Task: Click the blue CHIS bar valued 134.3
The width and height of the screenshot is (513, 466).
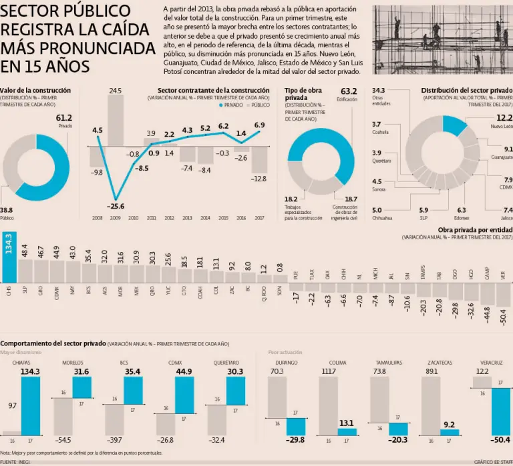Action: [x=9, y=257]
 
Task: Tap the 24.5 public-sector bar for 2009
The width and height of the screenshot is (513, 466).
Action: [x=116, y=120]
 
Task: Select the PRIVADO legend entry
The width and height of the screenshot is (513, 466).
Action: [x=231, y=105]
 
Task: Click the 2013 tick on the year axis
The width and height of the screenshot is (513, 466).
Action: [x=188, y=218]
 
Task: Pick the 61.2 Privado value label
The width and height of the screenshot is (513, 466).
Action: [x=63, y=117]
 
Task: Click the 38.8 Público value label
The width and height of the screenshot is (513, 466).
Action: [x=6, y=210]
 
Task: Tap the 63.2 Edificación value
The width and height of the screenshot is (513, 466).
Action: [x=349, y=91]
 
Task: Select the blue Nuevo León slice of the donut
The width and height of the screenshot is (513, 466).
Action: [x=454, y=125]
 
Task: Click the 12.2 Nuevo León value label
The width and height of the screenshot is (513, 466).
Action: [x=504, y=117]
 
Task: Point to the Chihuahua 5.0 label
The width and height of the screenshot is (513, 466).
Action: [x=377, y=210]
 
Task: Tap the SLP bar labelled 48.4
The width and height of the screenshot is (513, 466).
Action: [x=25, y=270]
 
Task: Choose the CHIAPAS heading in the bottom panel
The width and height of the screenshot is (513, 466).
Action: [x=21, y=363]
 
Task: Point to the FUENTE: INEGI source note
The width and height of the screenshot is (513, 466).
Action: [x=18, y=462]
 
